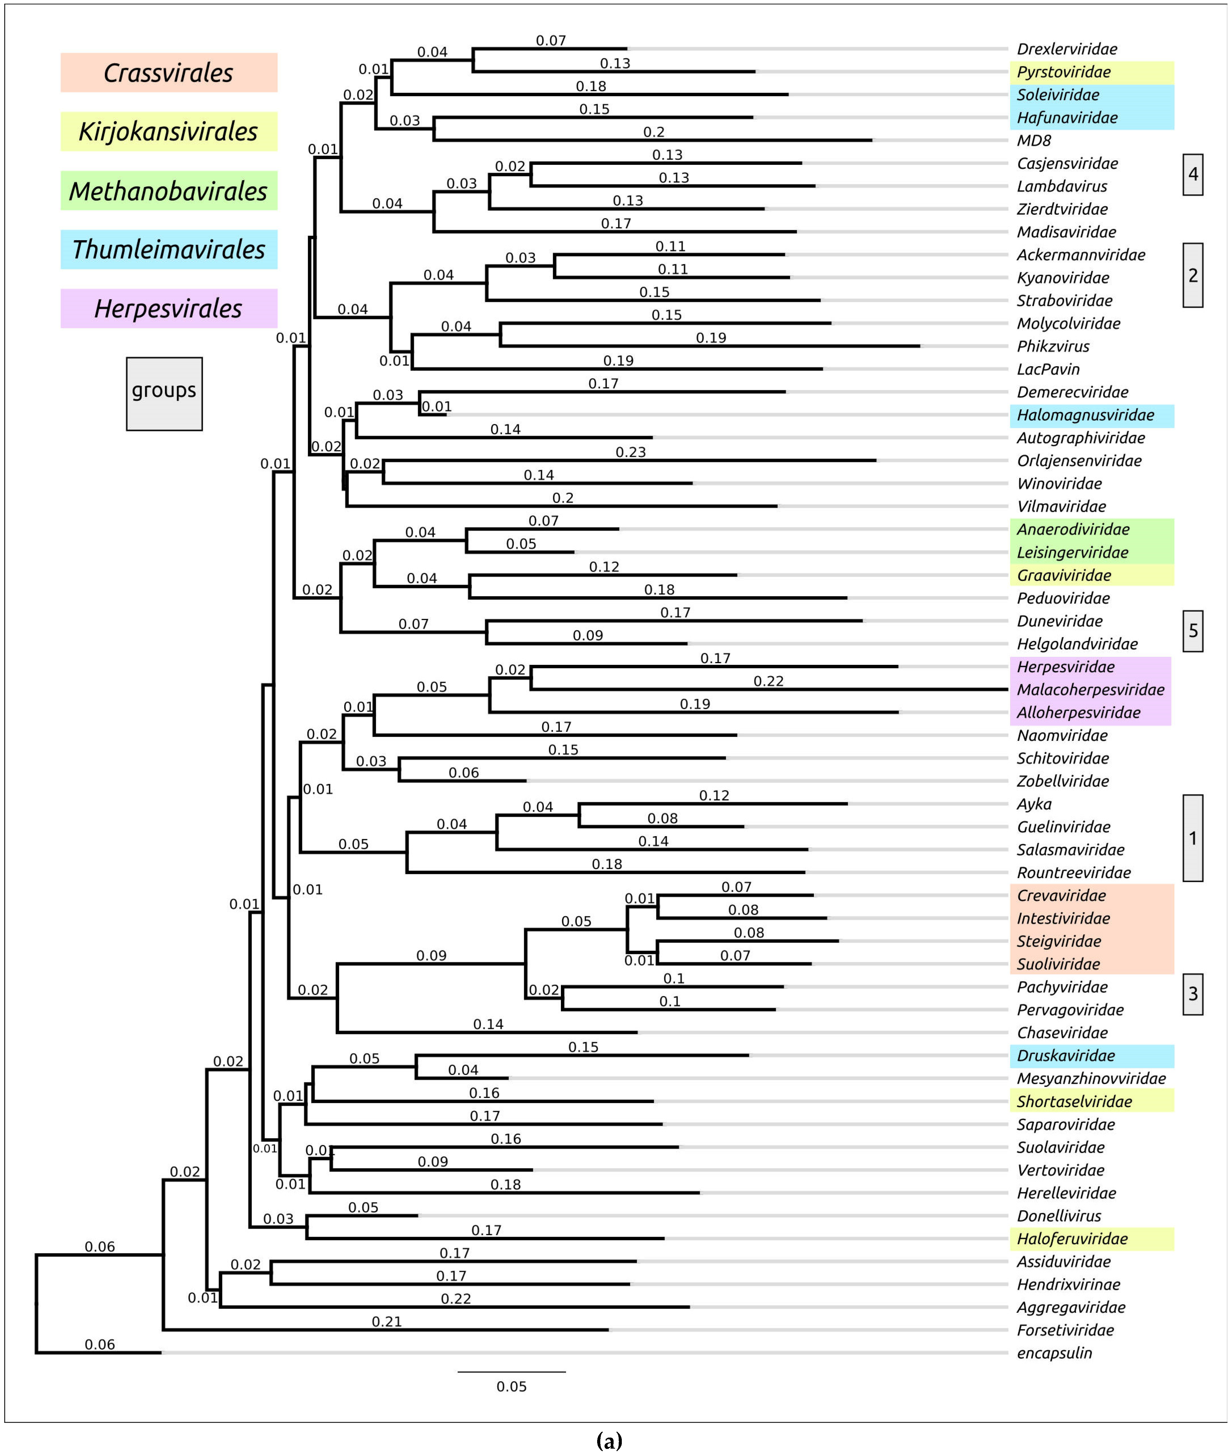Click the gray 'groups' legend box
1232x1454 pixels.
[164, 394]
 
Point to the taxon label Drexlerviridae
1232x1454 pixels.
[1067, 49]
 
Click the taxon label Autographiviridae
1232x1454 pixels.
[1080, 438]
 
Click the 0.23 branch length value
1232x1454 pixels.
[631, 453]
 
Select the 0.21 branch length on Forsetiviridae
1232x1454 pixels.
[386, 1322]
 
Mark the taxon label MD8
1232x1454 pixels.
[1034, 140]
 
